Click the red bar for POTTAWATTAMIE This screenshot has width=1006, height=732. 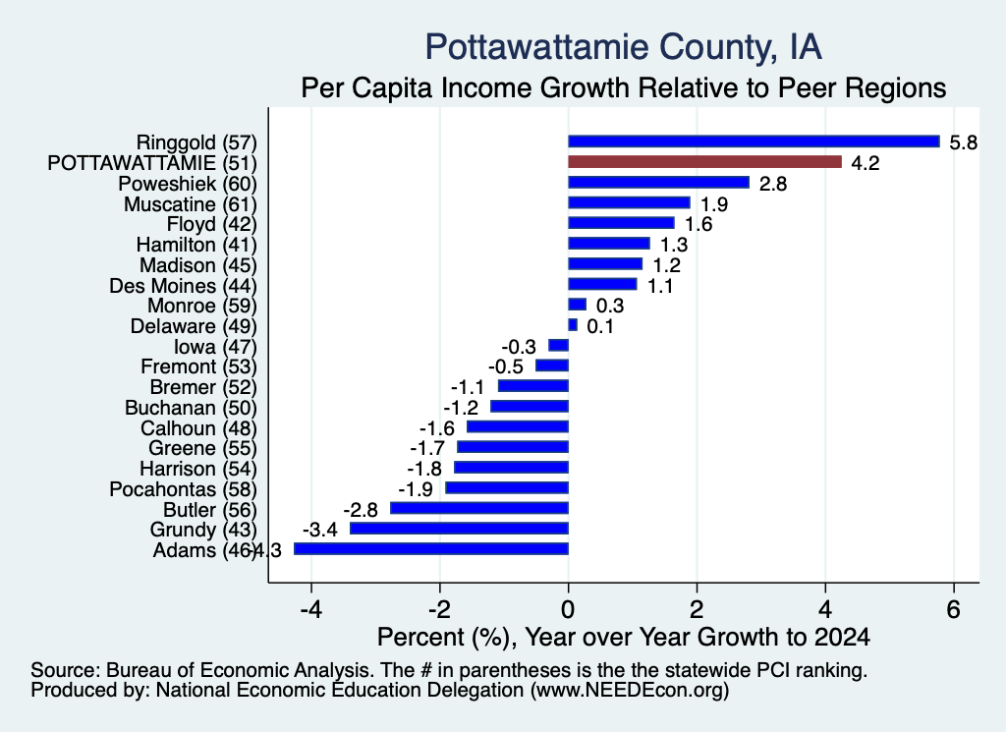(704, 162)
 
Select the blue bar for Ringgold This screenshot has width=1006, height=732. (754, 141)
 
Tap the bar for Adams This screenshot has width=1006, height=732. (431, 548)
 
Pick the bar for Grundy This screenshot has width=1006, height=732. (460, 528)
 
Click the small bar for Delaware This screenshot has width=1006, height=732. (573, 325)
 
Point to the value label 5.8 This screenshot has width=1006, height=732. (963, 142)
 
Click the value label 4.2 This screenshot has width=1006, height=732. (865, 163)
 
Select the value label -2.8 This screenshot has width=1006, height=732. (361, 509)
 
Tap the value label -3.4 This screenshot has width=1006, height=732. (319, 530)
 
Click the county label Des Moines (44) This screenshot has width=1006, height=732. (183, 286)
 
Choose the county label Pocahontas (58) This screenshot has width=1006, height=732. (183, 489)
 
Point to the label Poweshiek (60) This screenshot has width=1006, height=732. (188, 184)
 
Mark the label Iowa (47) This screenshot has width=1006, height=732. (215, 347)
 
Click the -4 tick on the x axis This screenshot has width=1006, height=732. (311, 608)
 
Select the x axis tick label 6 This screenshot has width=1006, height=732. (953, 608)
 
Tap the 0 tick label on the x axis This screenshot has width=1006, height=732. (569, 608)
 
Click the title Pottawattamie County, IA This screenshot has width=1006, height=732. (623, 47)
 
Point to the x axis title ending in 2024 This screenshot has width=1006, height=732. (623, 637)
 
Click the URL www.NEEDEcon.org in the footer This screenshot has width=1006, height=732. (630, 690)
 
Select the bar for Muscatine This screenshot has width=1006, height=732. (630, 202)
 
